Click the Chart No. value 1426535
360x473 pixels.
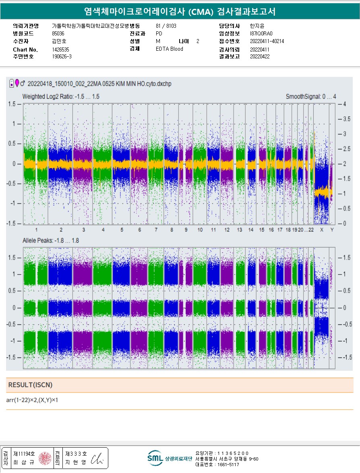tap(60, 50)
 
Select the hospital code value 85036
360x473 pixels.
tap(58, 33)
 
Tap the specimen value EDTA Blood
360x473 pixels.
tap(169, 49)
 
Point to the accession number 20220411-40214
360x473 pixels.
tap(267, 41)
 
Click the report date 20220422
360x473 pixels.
tap(259, 56)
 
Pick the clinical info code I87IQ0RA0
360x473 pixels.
tap(261, 33)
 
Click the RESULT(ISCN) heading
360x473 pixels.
tap(30, 385)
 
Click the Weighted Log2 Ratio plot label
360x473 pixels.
tap(61, 97)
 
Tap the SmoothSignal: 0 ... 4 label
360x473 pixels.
tap(310, 97)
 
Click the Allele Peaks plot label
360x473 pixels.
tap(50, 240)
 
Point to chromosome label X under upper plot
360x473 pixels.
tap(321, 229)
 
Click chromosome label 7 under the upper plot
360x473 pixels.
tap(156, 229)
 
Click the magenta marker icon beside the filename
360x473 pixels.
tap(17, 83)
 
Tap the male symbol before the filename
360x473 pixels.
tap(23, 83)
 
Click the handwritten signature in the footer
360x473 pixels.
tap(97, 459)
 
